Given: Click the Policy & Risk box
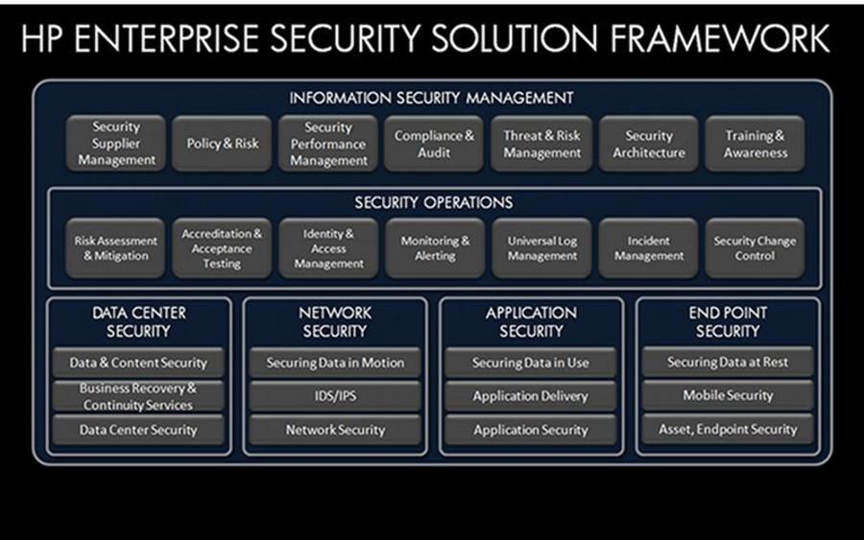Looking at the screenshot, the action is pyautogui.click(x=222, y=143).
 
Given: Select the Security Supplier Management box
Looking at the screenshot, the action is pyautogui.click(x=116, y=143).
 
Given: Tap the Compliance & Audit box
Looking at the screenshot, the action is pyautogui.click(x=434, y=143).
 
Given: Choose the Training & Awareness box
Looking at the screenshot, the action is pyautogui.click(x=755, y=143).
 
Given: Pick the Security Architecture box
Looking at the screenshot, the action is pyautogui.click(x=649, y=143).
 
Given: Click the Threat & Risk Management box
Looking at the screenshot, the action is pyautogui.click(x=541, y=143).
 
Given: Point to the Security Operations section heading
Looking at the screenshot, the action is pyautogui.click(x=434, y=202).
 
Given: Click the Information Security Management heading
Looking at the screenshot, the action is pyautogui.click(x=431, y=98).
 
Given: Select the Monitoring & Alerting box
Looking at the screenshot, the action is pyautogui.click(x=435, y=247).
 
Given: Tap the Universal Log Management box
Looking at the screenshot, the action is pyautogui.click(x=541, y=247).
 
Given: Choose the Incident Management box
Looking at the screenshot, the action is pyautogui.click(x=649, y=247).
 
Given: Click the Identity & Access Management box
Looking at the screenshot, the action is pyautogui.click(x=328, y=247).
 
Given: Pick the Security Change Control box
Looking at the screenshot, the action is pyautogui.click(x=755, y=247).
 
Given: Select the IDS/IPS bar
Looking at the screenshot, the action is pyautogui.click(x=335, y=396).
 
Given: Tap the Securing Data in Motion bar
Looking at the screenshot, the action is pyautogui.click(x=335, y=363).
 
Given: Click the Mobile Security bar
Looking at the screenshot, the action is pyautogui.click(x=728, y=395).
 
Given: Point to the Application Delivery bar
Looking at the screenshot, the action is pyautogui.click(x=531, y=396).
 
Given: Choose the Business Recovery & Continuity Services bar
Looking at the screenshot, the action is pyautogui.click(x=138, y=396).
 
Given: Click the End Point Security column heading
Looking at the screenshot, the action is pyautogui.click(x=728, y=321).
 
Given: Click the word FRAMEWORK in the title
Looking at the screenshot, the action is pyautogui.click(x=720, y=38).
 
